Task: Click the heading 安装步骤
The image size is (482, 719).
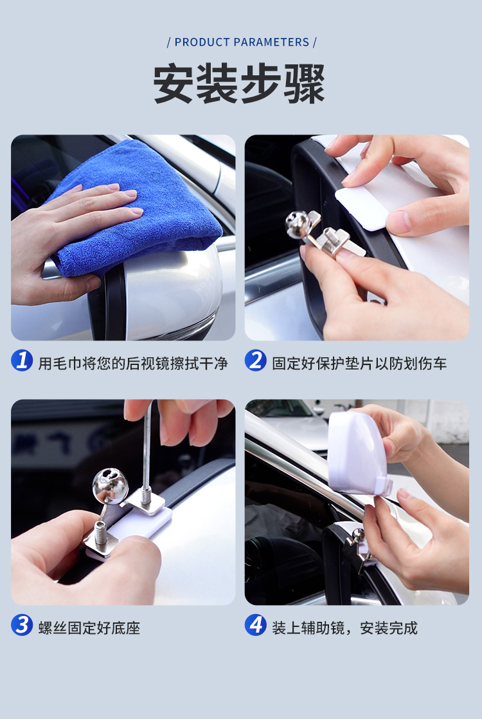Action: click(x=239, y=84)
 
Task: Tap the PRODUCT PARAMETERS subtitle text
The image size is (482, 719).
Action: click(x=242, y=42)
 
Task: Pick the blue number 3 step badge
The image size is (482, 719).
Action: click(x=22, y=624)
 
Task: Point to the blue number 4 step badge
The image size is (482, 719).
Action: click(x=255, y=624)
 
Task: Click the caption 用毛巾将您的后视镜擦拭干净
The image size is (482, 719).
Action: click(x=133, y=364)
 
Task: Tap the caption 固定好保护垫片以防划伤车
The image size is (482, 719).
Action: click(x=359, y=364)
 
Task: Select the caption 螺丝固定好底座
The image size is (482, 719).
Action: click(x=89, y=628)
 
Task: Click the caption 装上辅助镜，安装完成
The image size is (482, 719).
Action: click(x=344, y=628)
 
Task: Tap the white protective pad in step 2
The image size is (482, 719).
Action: click(x=366, y=209)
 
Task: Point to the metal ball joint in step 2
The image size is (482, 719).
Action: click(x=297, y=224)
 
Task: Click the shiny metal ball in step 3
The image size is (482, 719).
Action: click(x=110, y=485)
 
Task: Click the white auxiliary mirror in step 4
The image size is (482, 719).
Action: click(x=357, y=454)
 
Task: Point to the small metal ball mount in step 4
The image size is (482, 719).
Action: click(x=358, y=536)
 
